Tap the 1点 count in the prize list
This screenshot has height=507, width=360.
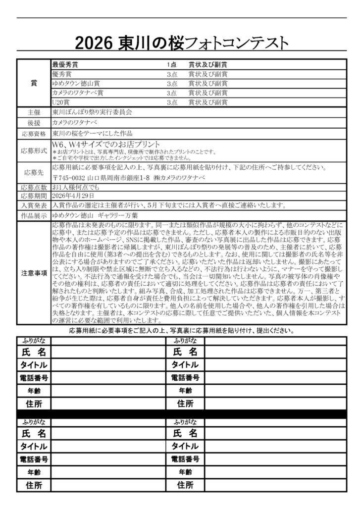[x=172, y=65]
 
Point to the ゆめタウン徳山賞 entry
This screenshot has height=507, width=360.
[x=76, y=83]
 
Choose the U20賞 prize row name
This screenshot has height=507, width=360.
[x=60, y=102]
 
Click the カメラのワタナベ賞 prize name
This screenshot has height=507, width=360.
[x=78, y=93]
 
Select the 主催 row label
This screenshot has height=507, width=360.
[x=34, y=112]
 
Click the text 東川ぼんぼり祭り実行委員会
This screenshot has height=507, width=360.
[x=92, y=112]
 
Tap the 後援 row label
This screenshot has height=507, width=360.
[x=34, y=123]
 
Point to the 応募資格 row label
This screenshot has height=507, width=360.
[x=34, y=134]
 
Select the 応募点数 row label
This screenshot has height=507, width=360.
[x=34, y=187]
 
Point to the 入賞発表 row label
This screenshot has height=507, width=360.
[x=34, y=205]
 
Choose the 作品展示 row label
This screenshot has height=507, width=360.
[x=34, y=216]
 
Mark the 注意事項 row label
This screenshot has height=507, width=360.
[x=34, y=272]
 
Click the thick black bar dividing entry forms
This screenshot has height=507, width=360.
[x=181, y=413]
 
